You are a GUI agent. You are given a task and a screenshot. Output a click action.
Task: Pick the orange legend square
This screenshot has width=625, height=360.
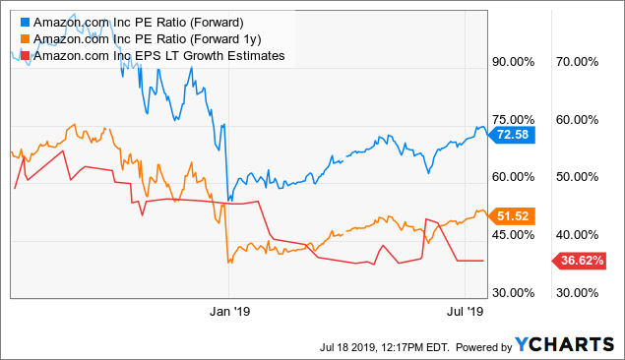(24, 38)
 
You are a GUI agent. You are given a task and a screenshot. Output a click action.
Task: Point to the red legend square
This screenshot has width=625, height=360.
(24, 55)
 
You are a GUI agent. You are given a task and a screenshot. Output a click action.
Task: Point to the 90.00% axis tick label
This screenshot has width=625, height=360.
(512, 61)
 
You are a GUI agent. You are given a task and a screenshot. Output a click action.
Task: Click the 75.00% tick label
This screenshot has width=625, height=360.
(512, 119)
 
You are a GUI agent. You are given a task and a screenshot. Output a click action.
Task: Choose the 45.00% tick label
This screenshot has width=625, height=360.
(512, 235)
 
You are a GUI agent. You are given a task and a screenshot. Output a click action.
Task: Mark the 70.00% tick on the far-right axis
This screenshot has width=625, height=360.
(577, 61)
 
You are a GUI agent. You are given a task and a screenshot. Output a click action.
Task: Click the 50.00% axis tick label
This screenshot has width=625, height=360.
(577, 177)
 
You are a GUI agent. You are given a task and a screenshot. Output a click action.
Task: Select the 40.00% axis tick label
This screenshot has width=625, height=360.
(577, 235)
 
